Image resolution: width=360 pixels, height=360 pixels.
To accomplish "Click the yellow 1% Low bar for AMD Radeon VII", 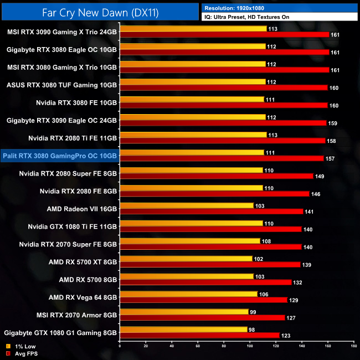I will point(186,205).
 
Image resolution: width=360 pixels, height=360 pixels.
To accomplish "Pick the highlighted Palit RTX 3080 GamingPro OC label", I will point(60,156).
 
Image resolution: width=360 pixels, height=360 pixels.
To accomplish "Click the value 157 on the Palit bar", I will point(330,158).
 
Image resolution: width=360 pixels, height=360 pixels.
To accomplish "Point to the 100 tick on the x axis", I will point(249,347).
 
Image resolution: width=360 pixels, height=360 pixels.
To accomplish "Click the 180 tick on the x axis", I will point(353,347).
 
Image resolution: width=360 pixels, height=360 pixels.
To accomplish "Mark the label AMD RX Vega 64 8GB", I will point(83,297).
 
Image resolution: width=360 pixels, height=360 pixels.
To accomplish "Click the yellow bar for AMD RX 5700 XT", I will point(186,259).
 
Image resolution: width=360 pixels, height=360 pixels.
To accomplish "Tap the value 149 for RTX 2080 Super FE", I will point(320,176).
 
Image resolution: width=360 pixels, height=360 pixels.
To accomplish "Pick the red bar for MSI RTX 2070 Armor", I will point(202,318).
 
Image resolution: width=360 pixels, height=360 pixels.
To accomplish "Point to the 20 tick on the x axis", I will point(145,347).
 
